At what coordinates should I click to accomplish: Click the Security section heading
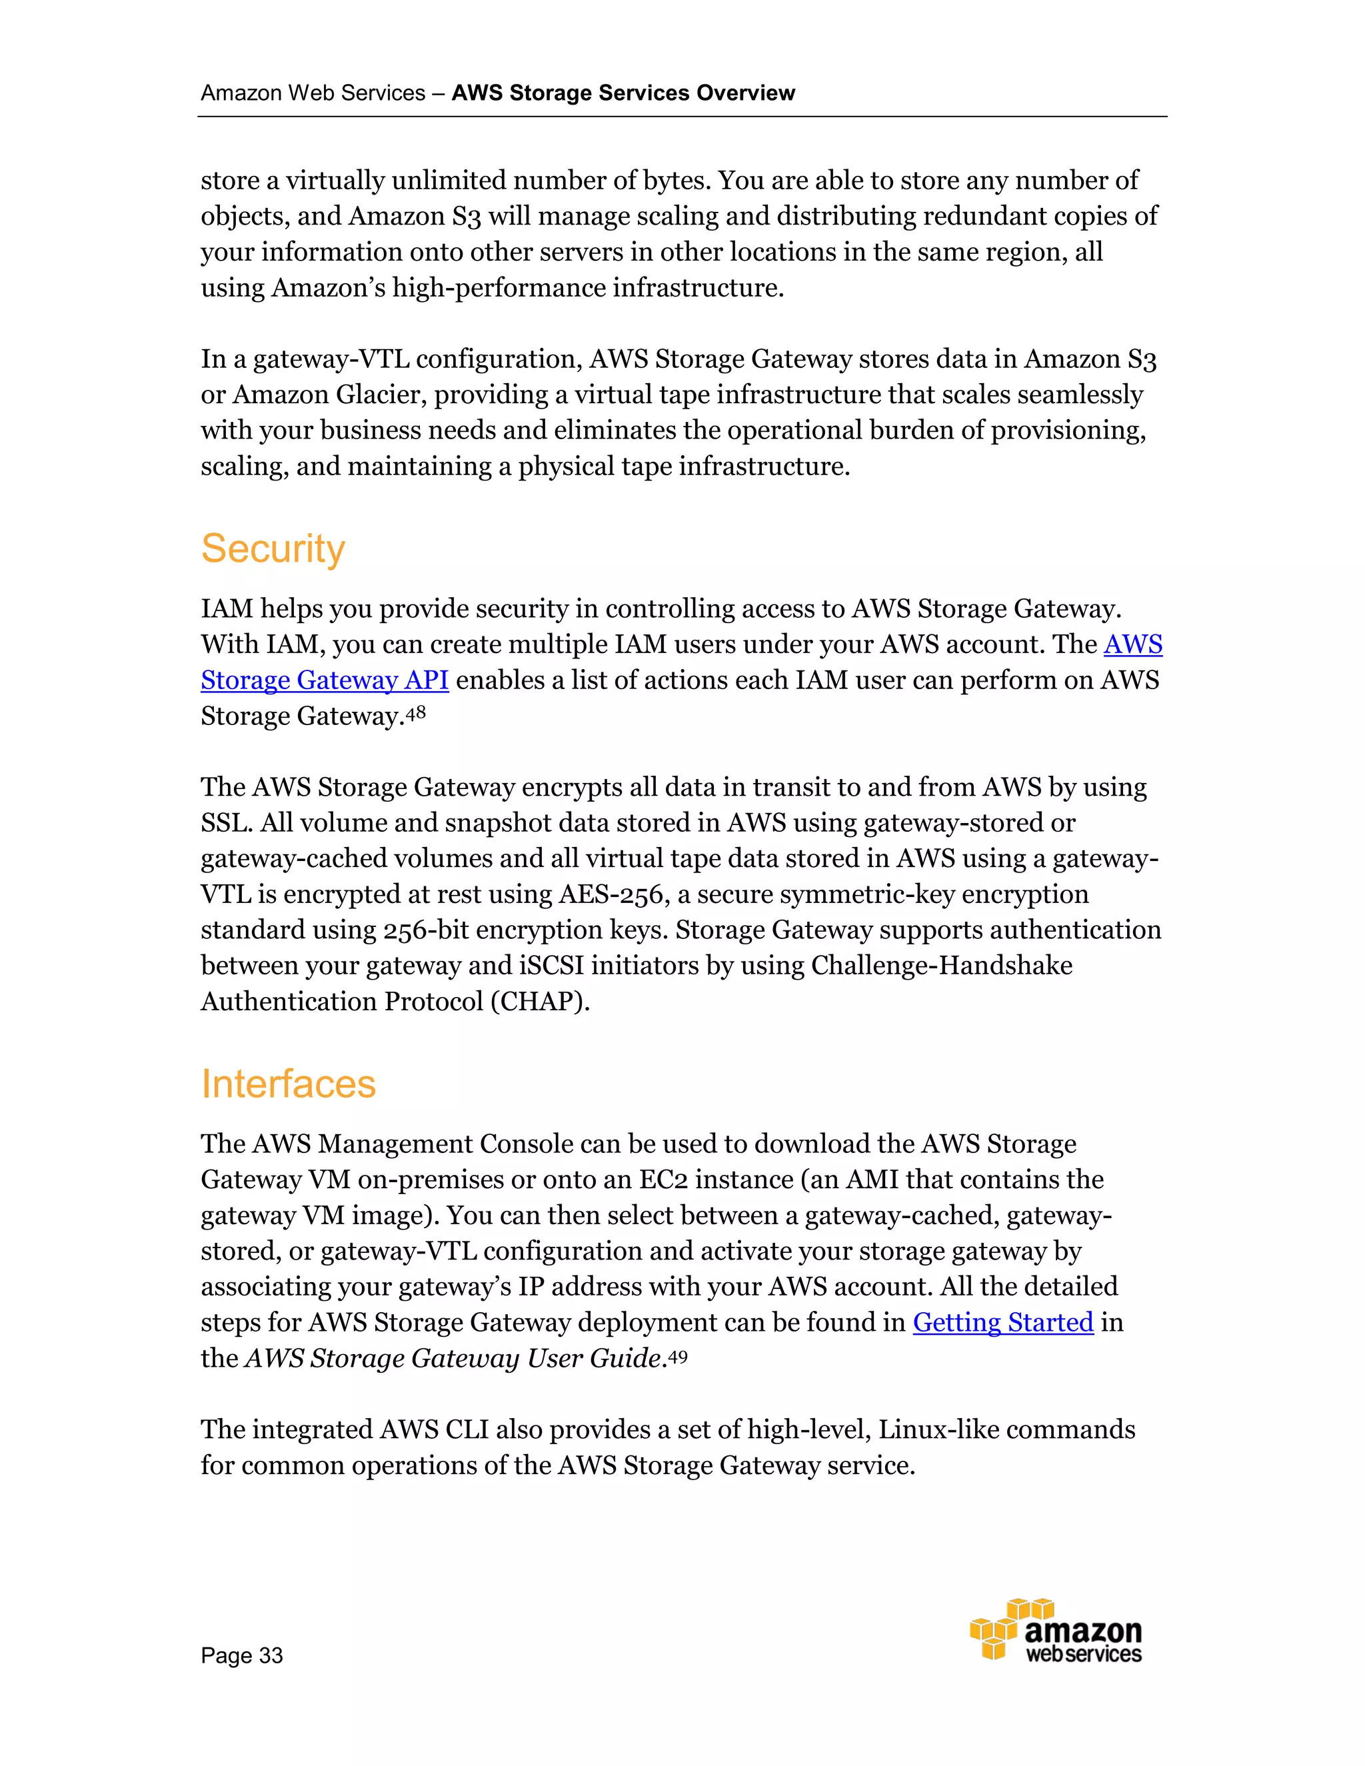273,549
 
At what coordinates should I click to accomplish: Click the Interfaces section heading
288,1084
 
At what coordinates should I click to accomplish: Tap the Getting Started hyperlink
1002,1322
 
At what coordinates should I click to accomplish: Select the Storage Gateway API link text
325,680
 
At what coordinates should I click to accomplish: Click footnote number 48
416,712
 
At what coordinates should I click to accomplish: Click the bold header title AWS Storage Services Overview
623,93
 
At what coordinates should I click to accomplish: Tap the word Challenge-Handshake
941,966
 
